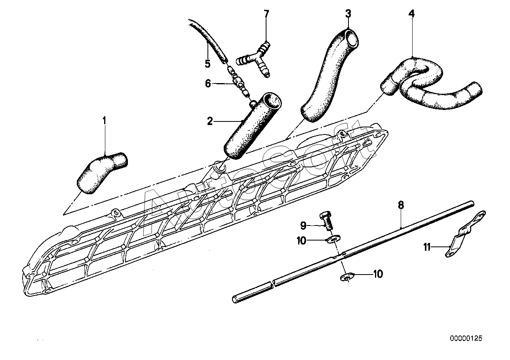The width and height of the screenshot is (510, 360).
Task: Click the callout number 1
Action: click(x=105, y=121)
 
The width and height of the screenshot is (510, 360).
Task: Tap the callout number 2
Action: click(x=210, y=121)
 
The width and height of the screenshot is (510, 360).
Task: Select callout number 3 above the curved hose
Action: click(x=348, y=13)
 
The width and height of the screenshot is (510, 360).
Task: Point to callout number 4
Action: click(x=411, y=13)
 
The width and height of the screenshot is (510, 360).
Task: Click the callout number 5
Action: click(x=207, y=64)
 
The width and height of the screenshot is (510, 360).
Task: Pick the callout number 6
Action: click(x=208, y=84)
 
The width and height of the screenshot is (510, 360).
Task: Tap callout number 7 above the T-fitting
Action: click(x=266, y=13)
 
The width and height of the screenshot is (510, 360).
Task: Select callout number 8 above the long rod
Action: click(x=401, y=205)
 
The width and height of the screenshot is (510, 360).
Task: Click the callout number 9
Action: click(x=303, y=226)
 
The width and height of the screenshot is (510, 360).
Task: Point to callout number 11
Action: click(x=427, y=247)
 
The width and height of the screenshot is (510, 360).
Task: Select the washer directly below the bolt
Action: click(x=333, y=239)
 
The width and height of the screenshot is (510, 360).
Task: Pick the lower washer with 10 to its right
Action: click(x=347, y=277)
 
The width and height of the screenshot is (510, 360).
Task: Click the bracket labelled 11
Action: click(x=464, y=235)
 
